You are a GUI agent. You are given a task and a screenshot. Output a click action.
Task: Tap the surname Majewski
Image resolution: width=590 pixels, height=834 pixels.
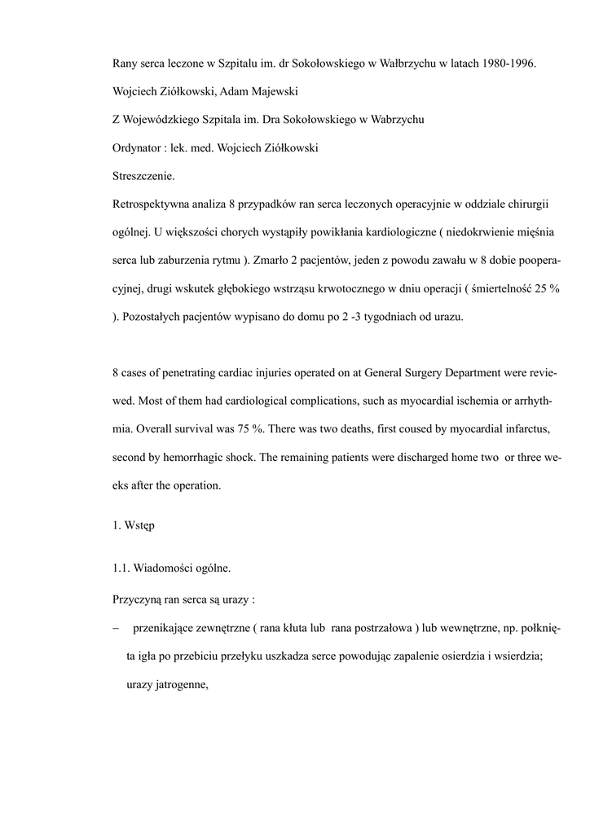[x=275, y=91]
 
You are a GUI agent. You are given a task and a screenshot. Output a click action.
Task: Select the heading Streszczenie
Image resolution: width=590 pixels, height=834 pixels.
[x=143, y=175]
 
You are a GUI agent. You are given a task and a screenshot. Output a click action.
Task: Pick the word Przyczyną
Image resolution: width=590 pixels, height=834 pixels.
[x=136, y=600]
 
